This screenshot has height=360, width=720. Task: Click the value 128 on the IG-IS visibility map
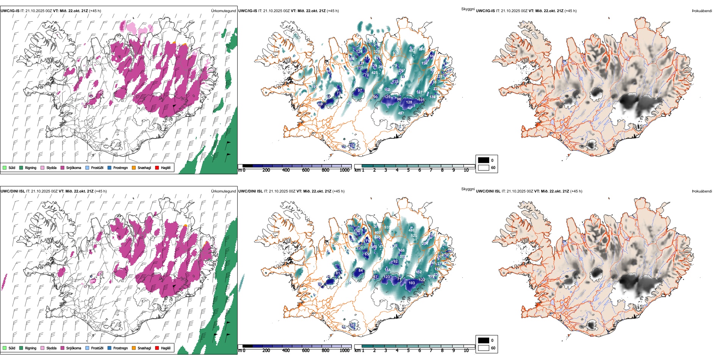tap(409, 102)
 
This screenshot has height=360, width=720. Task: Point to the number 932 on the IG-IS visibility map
tap(396, 53)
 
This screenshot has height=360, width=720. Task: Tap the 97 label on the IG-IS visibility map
tap(360, 91)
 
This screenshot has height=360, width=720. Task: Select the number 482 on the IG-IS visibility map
tap(412, 50)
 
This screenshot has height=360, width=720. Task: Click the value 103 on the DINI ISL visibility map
tap(412, 283)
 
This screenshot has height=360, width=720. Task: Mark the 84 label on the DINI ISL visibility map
tap(360, 271)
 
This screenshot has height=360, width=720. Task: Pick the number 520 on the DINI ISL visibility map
tap(414, 236)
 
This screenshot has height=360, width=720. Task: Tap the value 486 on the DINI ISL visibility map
tap(412, 230)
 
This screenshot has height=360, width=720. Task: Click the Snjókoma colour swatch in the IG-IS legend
tap(63, 167)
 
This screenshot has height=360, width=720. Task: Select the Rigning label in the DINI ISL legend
tap(31, 348)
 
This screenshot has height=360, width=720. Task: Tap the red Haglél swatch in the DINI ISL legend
tap(157, 348)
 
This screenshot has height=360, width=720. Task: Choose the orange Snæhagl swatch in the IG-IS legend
tap(134, 167)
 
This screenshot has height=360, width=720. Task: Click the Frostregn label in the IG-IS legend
tap(121, 167)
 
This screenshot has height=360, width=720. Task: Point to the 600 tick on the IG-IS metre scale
tap(305, 170)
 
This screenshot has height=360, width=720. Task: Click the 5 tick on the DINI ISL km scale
tap(408, 351)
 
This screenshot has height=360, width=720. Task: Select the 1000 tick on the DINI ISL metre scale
tap(344, 351)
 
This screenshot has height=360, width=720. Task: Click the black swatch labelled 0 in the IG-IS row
tap(484, 160)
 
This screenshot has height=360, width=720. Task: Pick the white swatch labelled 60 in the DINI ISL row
tap(484, 348)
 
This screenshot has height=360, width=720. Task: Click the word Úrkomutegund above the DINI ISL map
tap(223, 191)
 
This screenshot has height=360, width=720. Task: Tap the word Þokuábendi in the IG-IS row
tap(702, 11)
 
